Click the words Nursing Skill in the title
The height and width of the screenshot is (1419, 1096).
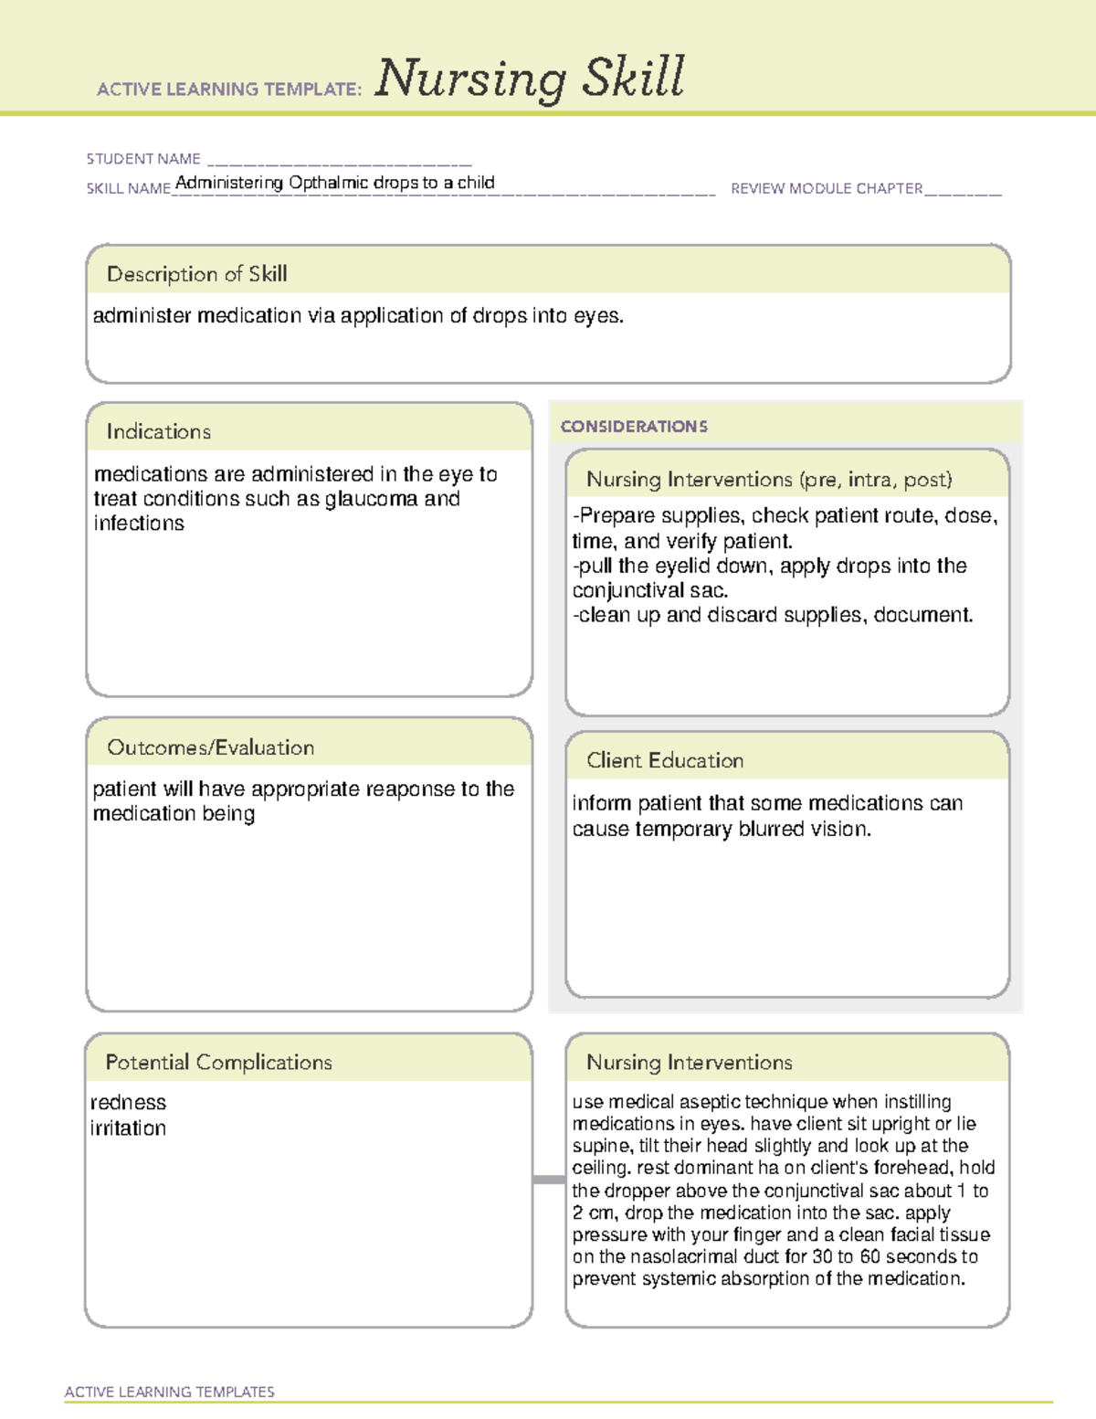[x=529, y=79]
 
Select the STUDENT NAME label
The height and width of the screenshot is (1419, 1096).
[x=143, y=159]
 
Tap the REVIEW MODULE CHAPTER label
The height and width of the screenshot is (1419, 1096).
[x=827, y=188]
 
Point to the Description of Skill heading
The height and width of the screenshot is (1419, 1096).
[x=196, y=274]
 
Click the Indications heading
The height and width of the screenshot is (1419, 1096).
[x=158, y=431]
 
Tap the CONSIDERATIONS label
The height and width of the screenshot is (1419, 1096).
[x=634, y=427]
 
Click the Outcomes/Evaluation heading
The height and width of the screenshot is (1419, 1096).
[x=210, y=747]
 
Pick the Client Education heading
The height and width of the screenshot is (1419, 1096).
[x=664, y=760]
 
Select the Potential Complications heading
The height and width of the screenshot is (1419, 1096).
[x=218, y=1062]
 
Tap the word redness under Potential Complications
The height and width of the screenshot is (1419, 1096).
[x=128, y=1103]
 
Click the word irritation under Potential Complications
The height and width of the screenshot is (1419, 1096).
[x=128, y=1128]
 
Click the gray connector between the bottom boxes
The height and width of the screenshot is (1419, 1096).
[x=548, y=1180]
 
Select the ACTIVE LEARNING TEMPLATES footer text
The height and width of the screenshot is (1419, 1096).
[x=170, y=1392]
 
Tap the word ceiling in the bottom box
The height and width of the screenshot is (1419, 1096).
[x=600, y=1168]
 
